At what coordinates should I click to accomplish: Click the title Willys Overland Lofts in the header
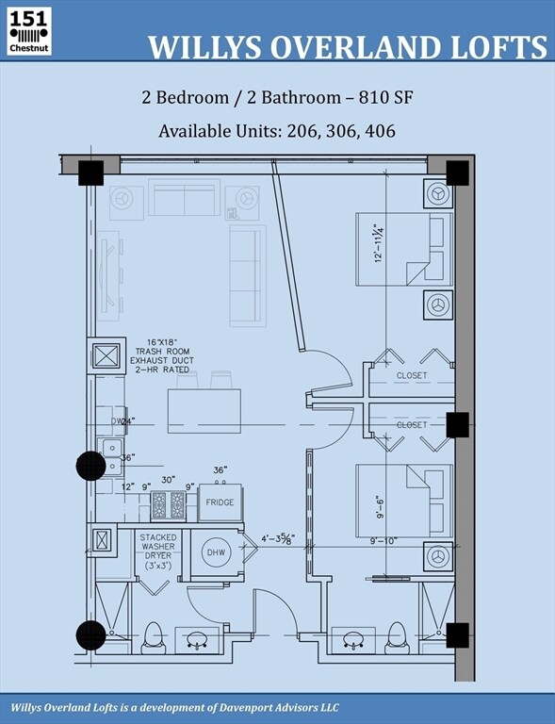click(347, 47)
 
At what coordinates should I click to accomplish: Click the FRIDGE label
click(220, 503)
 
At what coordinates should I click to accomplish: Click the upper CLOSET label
click(412, 375)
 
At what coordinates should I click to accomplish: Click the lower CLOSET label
click(412, 425)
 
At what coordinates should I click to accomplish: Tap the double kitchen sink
click(111, 455)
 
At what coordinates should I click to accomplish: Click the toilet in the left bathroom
click(153, 638)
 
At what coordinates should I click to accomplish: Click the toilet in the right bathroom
click(396, 637)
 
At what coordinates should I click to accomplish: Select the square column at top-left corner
click(90, 173)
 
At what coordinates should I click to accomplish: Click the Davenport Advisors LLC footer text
click(274, 707)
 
